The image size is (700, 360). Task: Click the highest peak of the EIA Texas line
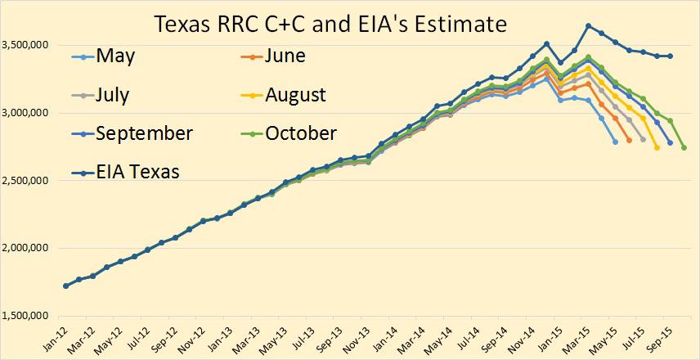(x=588, y=25)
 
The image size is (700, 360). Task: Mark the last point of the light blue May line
(x=615, y=142)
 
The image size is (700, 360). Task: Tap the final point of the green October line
(x=684, y=147)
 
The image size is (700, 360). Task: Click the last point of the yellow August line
(x=657, y=147)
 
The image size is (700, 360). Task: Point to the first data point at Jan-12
(x=65, y=286)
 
